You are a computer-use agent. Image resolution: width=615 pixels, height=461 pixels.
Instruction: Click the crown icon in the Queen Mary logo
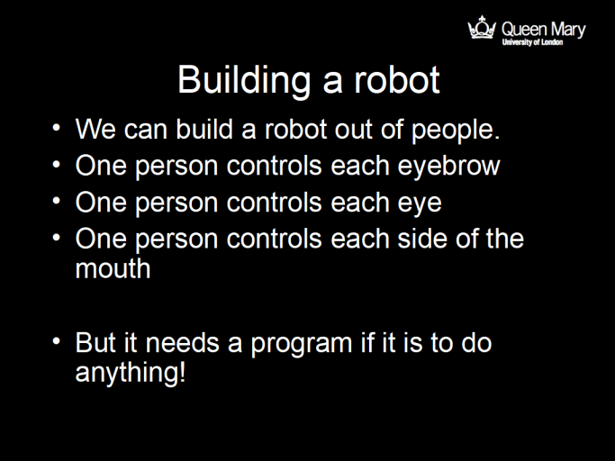[x=482, y=28]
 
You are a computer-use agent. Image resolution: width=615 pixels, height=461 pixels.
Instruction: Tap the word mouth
[x=113, y=268]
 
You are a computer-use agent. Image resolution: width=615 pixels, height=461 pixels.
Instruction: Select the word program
[x=290, y=343]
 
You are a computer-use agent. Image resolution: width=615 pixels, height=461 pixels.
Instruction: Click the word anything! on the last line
[x=131, y=372]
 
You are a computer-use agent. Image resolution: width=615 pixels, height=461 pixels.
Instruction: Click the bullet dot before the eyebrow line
[x=58, y=165]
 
